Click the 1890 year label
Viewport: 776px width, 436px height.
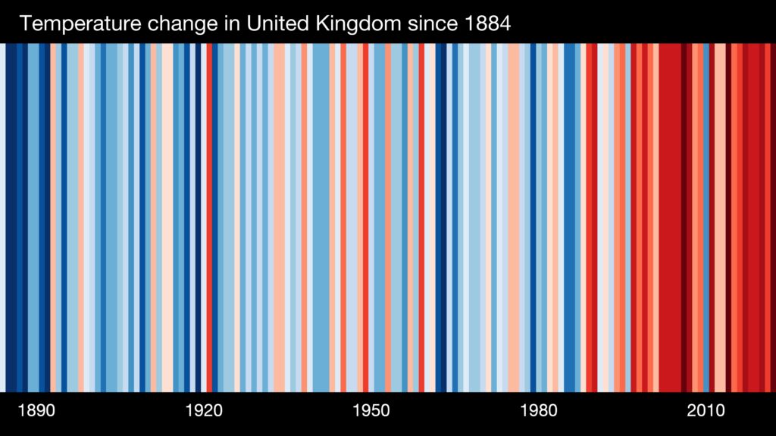(36, 411)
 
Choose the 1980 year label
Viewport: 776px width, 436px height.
(539, 411)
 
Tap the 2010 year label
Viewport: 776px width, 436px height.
(706, 411)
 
